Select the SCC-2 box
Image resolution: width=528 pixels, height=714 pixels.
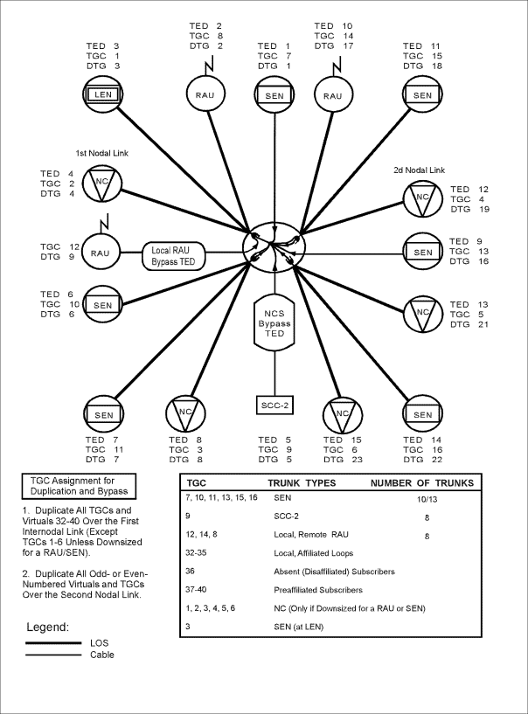(x=274, y=406)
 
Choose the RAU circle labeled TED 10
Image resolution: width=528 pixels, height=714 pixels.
(x=332, y=93)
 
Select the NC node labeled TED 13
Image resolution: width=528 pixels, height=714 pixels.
(x=424, y=313)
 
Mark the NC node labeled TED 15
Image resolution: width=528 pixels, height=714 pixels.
(x=342, y=414)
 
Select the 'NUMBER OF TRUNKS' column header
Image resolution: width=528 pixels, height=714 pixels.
(x=422, y=482)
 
